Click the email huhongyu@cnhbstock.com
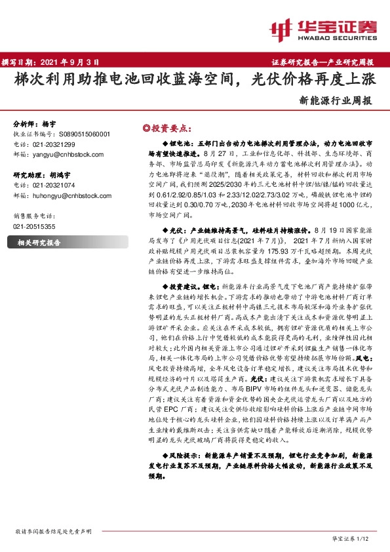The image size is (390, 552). point(72,195)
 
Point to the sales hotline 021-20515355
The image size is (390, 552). point(34,226)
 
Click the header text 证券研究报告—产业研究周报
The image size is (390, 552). point(322,62)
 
